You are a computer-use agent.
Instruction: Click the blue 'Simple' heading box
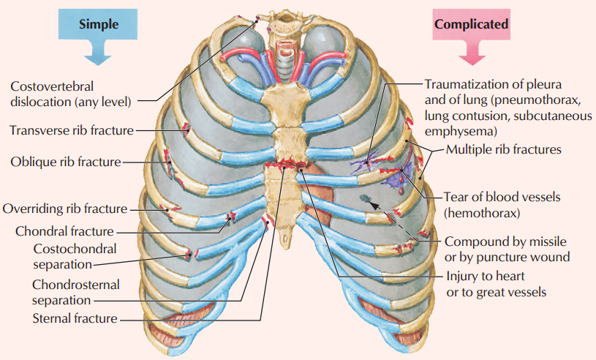99,24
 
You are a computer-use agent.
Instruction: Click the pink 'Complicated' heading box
472,24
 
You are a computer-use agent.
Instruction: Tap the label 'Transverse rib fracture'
72,130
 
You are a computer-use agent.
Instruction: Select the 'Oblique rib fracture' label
65,161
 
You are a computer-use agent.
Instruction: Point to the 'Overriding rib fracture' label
65,209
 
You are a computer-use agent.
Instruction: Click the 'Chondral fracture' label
64,231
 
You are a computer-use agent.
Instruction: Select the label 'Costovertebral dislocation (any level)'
69,93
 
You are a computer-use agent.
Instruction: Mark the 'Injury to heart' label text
485,278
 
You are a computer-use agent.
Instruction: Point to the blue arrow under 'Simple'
98,51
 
